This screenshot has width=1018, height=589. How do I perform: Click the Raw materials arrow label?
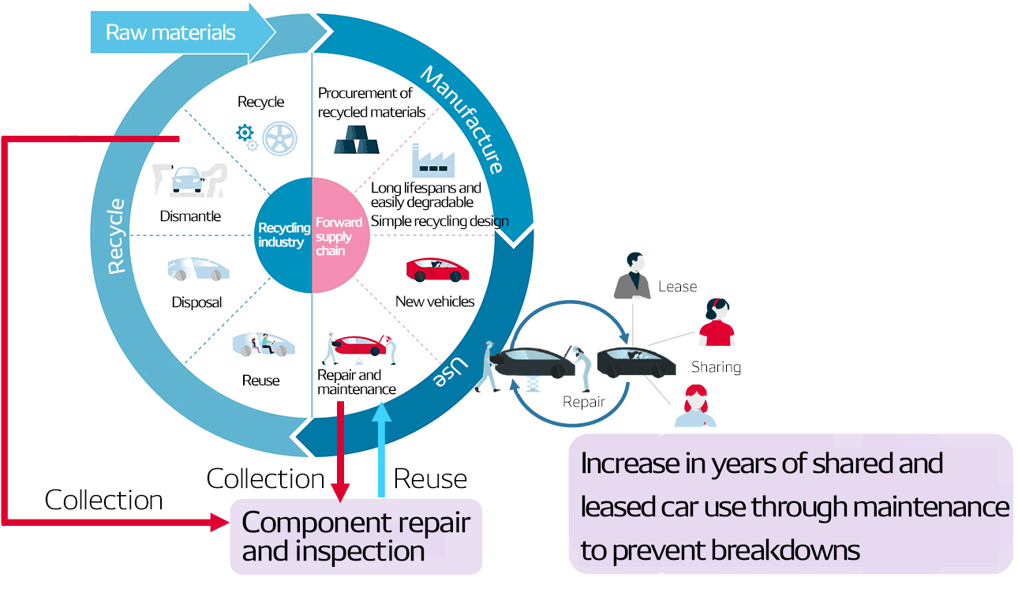(x=170, y=32)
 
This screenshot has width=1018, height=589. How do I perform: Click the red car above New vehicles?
(x=436, y=270)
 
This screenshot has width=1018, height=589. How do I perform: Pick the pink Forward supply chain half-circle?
(x=340, y=234)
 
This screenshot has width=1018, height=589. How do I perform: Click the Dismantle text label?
(x=190, y=216)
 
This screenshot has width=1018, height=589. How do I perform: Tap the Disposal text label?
(x=196, y=302)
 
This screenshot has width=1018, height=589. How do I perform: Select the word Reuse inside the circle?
(x=260, y=381)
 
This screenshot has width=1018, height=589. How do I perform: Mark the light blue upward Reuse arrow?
(x=383, y=450)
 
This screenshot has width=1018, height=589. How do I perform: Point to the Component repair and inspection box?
(x=356, y=536)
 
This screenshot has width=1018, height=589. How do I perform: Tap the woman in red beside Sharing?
(x=717, y=323)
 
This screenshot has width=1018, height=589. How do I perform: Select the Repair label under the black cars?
(x=583, y=402)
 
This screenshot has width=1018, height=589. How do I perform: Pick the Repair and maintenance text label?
(x=357, y=382)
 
